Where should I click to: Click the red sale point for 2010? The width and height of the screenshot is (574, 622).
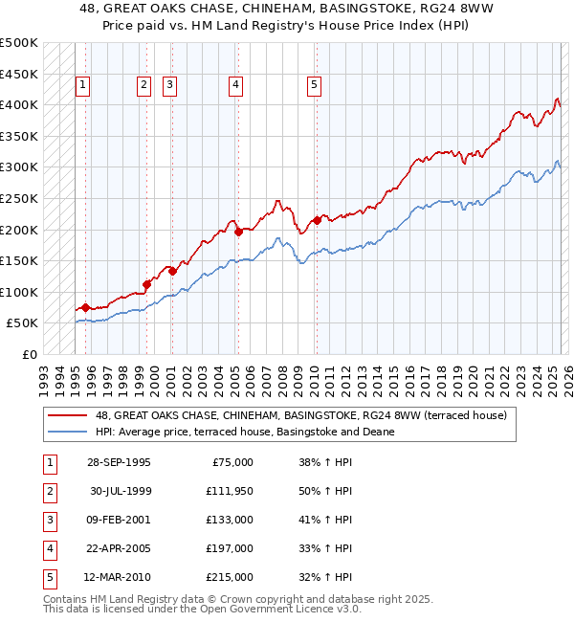tap(316, 220)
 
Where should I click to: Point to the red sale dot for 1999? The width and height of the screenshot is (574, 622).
tap(147, 284)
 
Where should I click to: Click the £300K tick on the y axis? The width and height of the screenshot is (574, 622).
tap(19, 167)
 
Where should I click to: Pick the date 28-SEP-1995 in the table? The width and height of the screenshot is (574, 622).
tap(118, 462)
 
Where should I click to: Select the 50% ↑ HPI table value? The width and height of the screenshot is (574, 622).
tap(325, 491)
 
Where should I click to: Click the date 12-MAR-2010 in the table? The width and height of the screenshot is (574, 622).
tap(118, 577)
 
